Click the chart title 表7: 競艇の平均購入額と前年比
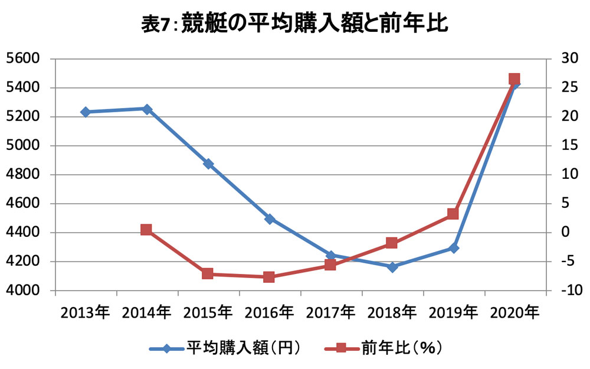coord(295,23)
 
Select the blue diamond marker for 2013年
coord(86,112)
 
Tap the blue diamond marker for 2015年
coord(208,164)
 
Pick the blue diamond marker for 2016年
coord(270,219)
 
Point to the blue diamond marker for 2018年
coord(392,267)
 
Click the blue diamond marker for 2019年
coord(453,248)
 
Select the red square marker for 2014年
coord(146,230)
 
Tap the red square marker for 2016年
coord(268,277)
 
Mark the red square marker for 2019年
coord(453,214)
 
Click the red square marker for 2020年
coord(514,79)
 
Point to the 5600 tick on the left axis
coord(24,58)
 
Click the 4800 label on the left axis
coord(24,174)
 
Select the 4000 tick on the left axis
coord(24,290)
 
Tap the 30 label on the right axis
coord(569,58)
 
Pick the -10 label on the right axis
coord(569,290)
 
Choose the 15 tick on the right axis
coord(569,145)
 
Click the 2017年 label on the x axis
coord(330,312)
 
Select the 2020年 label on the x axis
coord(514,312)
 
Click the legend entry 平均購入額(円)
coord(225,348)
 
